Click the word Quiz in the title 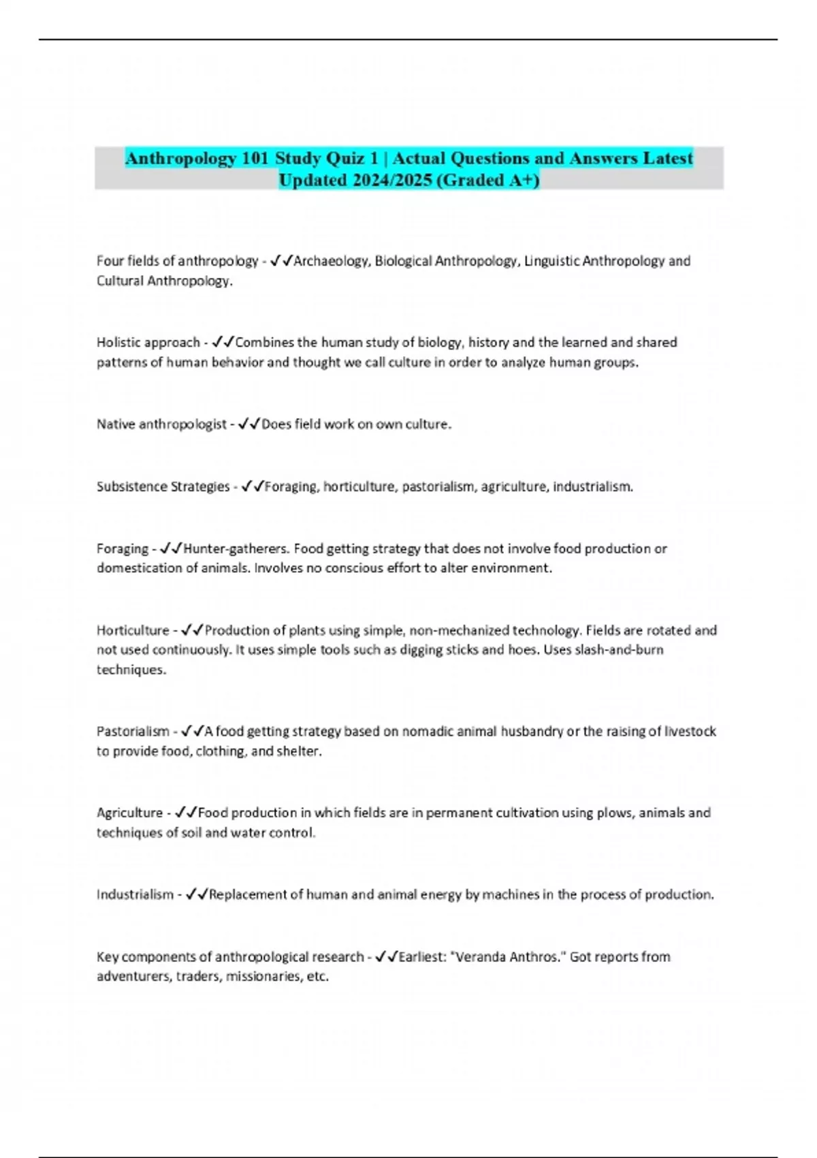tap(347, 158)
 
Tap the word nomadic tap(428, 732)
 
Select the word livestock tap(690, 732)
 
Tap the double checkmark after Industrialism tap(197, 894)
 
